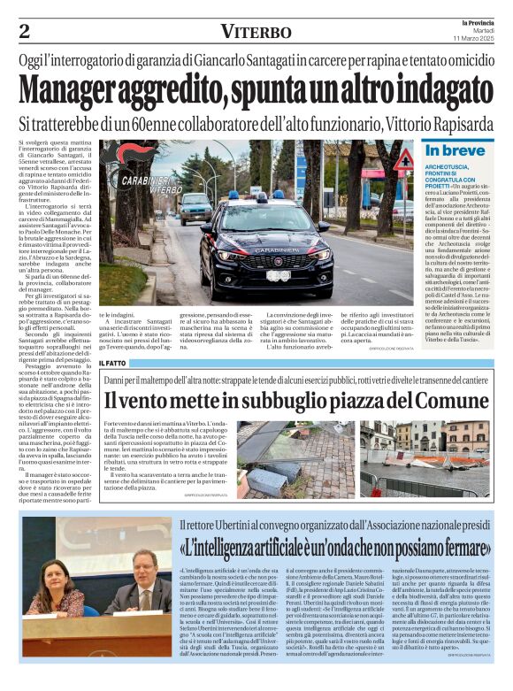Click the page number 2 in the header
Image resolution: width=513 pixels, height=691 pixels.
point(25,32)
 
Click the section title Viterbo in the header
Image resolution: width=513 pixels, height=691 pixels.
point(256,32)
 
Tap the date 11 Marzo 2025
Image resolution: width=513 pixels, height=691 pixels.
point(476,39)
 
